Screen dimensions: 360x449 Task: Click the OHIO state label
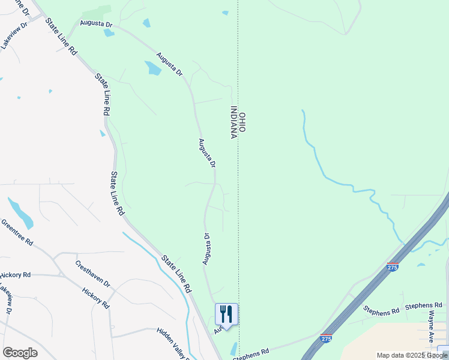tap(243, 122)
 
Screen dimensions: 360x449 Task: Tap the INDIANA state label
tap(234, 122)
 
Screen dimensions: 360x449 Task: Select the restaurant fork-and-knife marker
tap(226, 314)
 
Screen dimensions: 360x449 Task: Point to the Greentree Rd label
tap(17, 232)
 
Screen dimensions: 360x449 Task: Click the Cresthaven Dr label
tap(93, 274)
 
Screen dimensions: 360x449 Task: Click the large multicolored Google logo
tap(20, 353)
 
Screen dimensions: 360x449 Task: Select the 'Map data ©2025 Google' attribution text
tap(412, 355)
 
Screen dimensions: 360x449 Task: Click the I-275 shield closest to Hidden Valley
tap(327, 339)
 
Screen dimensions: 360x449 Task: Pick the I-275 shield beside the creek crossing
tap(392, 267)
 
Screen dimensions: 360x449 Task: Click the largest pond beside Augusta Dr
tap(153, 68)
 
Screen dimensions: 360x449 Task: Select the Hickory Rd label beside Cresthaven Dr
tap(96, 297)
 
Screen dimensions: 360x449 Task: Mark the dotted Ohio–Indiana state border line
tap(238, 180)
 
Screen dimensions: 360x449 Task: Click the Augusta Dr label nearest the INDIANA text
tap(208, 153)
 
